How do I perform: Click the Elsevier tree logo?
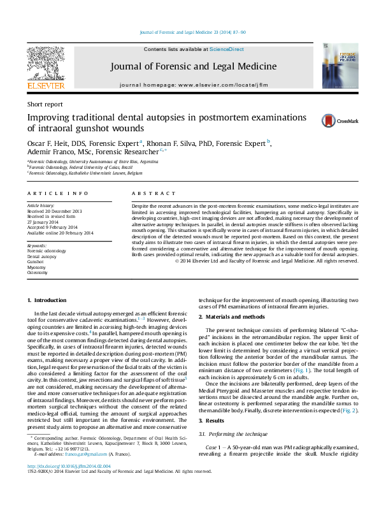[x=45, y=64]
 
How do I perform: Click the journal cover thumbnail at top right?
[x=335, y=67]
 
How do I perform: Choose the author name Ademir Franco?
[x=49, y=153]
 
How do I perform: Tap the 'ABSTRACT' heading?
[x=154, y=193]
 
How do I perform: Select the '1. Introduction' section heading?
[x=48, y=300]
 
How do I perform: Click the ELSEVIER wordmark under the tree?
[x=45, y=85]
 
